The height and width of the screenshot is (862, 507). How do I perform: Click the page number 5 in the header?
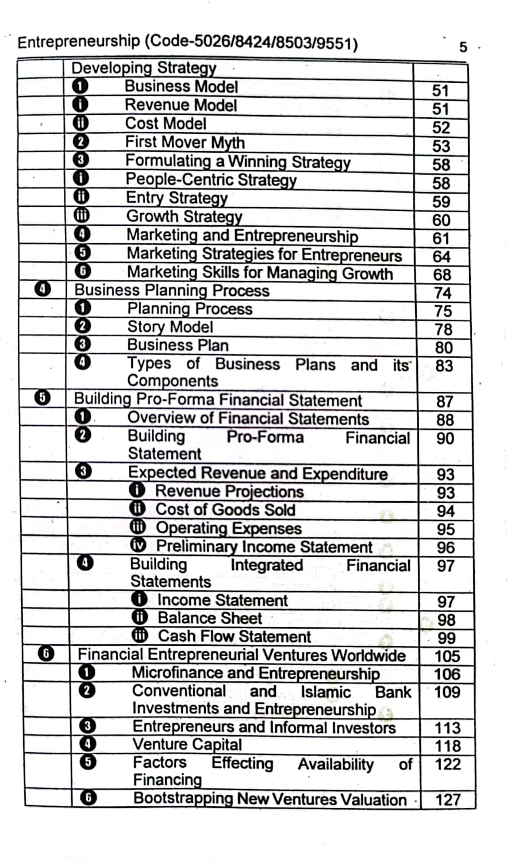click(463, 47)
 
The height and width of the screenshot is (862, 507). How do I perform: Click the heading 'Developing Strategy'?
click(143, 68)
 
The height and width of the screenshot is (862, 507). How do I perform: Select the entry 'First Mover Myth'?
click(185, 142)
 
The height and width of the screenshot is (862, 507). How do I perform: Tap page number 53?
click(441, 145)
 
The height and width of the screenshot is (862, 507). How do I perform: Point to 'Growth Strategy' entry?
click(184, 216)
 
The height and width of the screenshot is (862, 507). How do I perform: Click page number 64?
click(441, 256)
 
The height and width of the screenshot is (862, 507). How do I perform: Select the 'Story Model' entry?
click(170, 326)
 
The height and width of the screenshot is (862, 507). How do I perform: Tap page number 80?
click(443, 347)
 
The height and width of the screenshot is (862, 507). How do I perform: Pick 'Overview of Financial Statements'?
click(248, 418)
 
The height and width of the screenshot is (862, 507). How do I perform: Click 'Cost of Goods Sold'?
click(225, 509)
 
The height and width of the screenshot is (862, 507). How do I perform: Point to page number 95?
click(445, 529)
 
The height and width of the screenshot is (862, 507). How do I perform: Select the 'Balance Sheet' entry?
click(209, 618)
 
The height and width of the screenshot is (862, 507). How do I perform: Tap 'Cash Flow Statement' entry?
click(234, 636)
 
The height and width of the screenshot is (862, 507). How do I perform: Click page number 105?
click(447, 655)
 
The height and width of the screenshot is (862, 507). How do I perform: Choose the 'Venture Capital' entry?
click(187, 744)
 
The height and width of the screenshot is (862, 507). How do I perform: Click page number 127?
click(448, 799)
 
